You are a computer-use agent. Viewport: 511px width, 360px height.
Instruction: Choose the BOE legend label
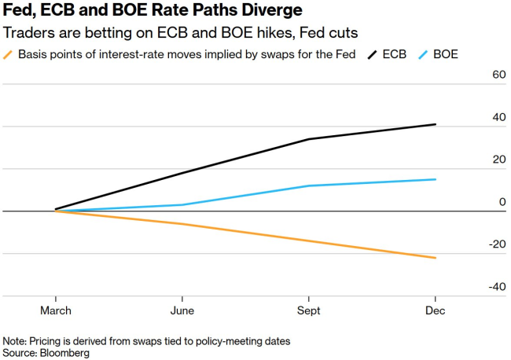click(445, 54)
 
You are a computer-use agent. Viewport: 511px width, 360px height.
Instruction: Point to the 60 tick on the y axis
click(498, 75)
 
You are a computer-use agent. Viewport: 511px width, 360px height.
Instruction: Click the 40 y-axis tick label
click(498, 117)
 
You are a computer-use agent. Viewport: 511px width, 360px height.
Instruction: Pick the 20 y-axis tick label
click(498, 160)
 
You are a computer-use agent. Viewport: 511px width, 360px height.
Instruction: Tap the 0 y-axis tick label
click(502, 202)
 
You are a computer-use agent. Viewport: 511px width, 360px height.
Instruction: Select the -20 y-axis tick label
click(497, 244)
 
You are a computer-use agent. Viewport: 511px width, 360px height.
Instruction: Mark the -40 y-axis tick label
click(497, 287)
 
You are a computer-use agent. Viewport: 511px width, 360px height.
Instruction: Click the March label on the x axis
click(56, 310)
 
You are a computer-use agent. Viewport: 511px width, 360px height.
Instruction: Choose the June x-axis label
click(182, 310)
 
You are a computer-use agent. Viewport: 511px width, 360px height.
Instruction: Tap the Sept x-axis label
click(308, 310)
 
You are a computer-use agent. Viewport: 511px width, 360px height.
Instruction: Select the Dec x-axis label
click(436, 310)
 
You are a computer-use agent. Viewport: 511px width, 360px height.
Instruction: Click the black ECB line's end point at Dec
click(436, 124)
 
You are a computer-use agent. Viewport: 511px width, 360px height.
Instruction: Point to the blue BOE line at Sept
click(309, 186)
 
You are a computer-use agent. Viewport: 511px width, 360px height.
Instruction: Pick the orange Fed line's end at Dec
click(436, 258)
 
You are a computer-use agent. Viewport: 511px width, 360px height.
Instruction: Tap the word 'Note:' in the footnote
click(15, 341)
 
